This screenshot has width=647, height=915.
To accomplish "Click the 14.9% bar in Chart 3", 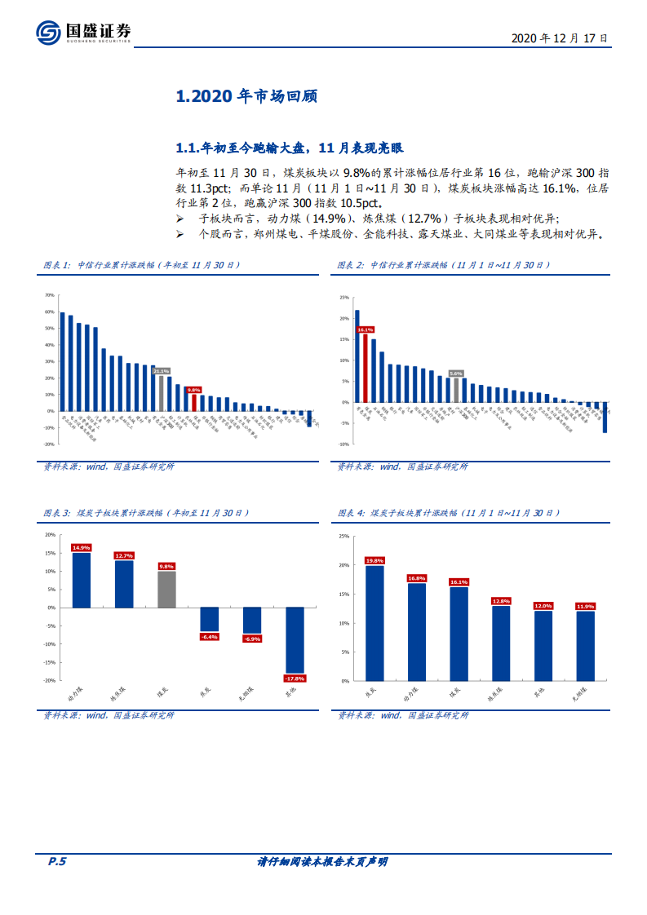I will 82,580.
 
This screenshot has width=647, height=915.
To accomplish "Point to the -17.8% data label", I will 295,679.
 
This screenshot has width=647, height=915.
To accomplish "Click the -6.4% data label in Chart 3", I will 210,636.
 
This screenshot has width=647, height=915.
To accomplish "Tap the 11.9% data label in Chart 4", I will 586,607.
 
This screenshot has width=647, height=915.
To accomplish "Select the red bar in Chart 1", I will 193,402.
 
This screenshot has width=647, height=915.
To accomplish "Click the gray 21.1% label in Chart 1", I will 161,371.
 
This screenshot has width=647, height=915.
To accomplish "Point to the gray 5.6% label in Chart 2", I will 456,374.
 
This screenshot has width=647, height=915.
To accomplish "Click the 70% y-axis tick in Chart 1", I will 49,295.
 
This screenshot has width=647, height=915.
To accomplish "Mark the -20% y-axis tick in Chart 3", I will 50,680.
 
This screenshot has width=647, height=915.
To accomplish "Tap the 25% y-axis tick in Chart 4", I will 343,537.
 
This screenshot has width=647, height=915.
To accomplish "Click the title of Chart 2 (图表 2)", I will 444,266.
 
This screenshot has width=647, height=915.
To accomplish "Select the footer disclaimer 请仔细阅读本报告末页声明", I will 322,862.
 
